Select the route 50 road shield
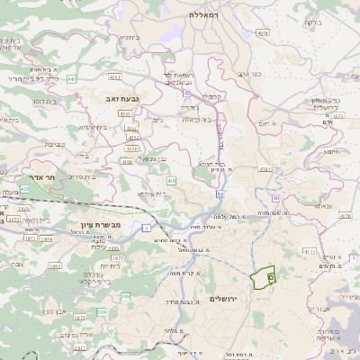pyautogui.click(x=220, y=193)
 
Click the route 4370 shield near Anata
pyautogui.click(x=346, y=216)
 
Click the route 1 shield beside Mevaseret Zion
pyautogui.click(x=146, y=227)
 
